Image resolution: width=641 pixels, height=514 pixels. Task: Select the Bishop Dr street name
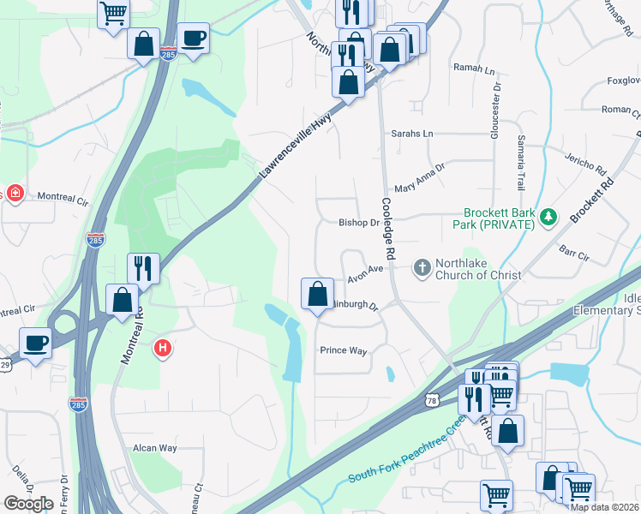point(358,223)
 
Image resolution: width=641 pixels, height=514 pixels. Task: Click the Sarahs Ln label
point(412,134)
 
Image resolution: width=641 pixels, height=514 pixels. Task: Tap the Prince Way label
point(343,350)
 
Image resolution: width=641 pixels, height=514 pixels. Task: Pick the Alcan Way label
point(154,448)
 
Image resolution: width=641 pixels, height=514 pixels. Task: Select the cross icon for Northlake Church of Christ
point(421,268)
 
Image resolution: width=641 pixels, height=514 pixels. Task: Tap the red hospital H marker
point(162,349)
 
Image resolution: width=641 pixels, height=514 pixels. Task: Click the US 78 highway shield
point(433,400)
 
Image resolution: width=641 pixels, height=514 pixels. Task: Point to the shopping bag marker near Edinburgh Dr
point(317,294)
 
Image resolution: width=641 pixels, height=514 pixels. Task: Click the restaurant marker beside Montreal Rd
point(143,268)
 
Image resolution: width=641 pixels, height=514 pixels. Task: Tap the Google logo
point(28,504)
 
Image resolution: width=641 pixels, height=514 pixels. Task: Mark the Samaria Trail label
point(520,163)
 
